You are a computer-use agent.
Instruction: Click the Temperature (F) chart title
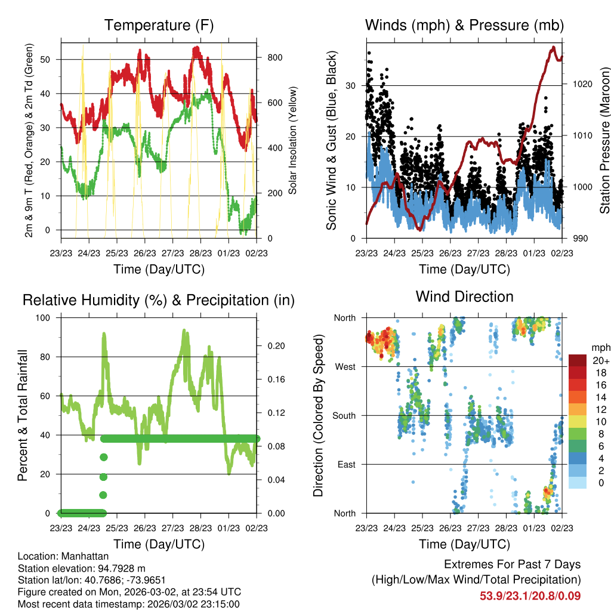[159, 26]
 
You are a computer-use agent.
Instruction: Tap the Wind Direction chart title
[464, 297]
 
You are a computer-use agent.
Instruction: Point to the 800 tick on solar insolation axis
[271, 58]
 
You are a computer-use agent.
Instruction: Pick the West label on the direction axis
[345, 366]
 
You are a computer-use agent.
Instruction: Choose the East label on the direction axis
[346, 464]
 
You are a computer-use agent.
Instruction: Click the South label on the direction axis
[344, 415]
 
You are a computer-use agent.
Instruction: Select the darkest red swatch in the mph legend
[578, 360]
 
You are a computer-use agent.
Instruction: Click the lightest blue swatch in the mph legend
[578, 483]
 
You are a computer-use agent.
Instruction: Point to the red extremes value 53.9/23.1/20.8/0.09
[530, 596]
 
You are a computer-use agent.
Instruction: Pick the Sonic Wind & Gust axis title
[332, 140]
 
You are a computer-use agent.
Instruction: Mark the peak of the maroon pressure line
[554, 47]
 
